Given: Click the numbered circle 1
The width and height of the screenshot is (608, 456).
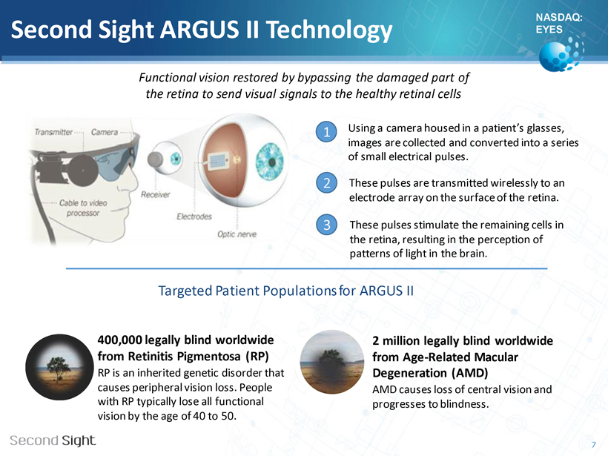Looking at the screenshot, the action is [x=326, y=132].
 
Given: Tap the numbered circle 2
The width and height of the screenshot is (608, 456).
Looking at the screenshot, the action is [x=326, y=182].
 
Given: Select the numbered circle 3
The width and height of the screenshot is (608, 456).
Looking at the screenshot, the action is [x=326, y=225].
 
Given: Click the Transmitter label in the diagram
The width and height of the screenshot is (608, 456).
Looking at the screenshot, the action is [x=53, y=132].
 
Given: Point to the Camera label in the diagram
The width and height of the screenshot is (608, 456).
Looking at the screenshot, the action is [x=105, y=132].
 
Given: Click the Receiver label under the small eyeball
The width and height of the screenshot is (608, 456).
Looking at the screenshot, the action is [x=156, y=195].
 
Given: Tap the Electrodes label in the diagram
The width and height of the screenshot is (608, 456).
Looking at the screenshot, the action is [x=194, y=217].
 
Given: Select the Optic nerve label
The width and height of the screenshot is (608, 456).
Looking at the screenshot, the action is [x=237, y=234].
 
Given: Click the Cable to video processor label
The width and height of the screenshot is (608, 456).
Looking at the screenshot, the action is [x=83, y=208].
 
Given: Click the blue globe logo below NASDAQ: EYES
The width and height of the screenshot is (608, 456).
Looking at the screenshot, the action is [x=561, y=54].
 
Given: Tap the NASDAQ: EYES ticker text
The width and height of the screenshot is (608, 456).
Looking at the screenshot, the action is [x=559, y=23].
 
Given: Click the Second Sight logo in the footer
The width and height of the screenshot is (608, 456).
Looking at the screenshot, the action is [x=53, y=440].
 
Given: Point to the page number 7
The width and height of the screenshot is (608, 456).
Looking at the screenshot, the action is [x=594, y=444].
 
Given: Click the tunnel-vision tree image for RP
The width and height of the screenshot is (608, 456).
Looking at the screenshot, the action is [x=59, y=367].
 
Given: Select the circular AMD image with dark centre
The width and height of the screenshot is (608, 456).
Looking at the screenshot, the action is [x=332, y=362].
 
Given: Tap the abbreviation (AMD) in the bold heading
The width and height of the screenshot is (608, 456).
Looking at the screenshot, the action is [x=469, y=373].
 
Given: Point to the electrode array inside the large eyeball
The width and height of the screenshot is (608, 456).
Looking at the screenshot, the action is [x=218, y=162].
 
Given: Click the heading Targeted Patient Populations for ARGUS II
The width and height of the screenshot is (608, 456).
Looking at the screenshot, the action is [x=286, y=291].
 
